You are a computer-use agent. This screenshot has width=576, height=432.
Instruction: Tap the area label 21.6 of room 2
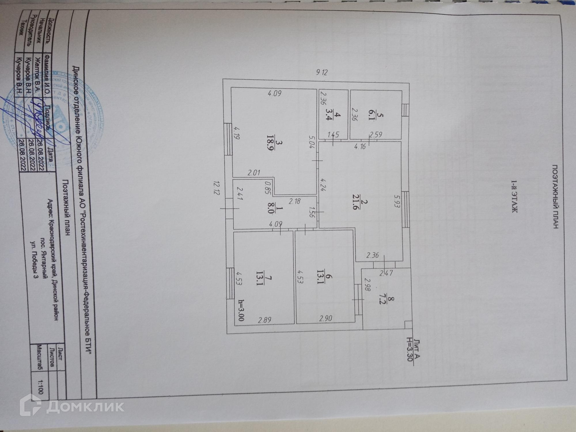coord(356,205)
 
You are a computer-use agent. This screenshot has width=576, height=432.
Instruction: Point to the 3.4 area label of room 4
coord(328,116)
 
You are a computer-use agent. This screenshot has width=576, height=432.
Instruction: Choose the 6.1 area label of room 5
coord(371,116)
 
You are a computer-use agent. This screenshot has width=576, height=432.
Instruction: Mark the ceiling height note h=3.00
coord(241,310)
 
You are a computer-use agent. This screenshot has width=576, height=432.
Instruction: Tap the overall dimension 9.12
coord(322,72)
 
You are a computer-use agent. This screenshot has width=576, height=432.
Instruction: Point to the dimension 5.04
coord(312,142)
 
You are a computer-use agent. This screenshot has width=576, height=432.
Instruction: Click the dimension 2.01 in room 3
coord(254,173)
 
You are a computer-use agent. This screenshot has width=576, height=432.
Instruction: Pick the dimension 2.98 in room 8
coord(367,284)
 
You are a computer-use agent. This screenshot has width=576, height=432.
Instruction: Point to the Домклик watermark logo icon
coord(30,405)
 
